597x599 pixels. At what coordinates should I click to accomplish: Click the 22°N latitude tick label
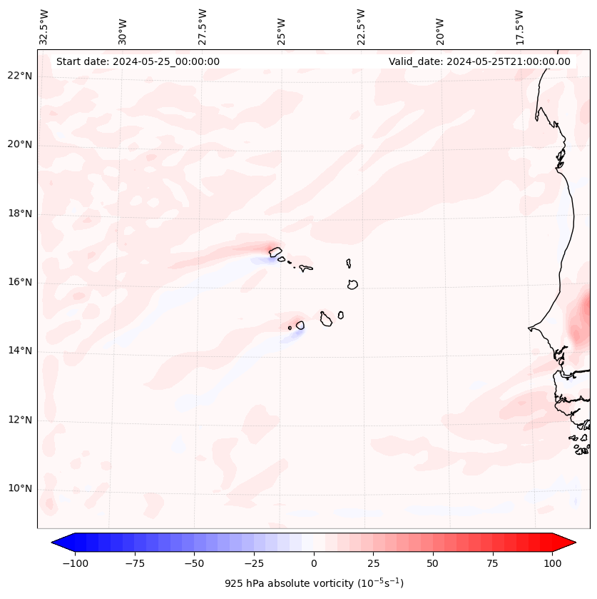[x=20, y=76]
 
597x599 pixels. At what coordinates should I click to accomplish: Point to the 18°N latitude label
[x=20, y=214]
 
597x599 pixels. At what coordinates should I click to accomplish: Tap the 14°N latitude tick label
[x=20, y=351]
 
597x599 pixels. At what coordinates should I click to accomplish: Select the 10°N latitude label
[x=20, y=489]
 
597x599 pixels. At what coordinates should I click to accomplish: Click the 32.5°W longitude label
[x=44, y=26]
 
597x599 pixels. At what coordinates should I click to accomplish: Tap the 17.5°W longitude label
[x=519, y=26]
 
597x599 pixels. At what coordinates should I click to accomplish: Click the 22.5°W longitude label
[x=361, y=26]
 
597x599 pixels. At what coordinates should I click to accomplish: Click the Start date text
[x=138, y=61]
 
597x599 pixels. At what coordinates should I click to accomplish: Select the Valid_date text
[x=479, y=61]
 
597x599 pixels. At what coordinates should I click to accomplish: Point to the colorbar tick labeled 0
[x=314, y=563]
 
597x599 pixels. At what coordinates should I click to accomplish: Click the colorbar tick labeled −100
[x=76, y=563]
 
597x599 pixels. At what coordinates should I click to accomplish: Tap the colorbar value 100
[x=552, y=563]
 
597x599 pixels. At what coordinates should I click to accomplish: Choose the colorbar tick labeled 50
[x=433, y=563]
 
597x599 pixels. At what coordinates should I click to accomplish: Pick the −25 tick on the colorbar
[x=254, y=563]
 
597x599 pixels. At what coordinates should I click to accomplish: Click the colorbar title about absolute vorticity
[x=314, y=584]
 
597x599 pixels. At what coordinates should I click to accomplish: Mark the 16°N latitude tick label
[x=20, y=283]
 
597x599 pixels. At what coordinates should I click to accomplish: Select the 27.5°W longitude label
[x=203, y=26]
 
